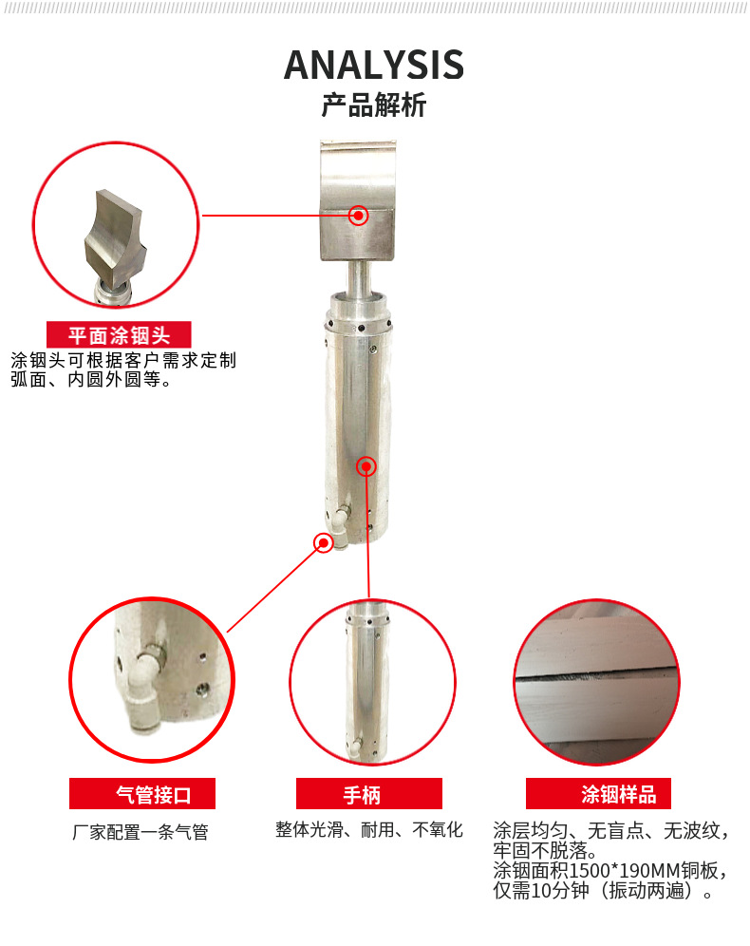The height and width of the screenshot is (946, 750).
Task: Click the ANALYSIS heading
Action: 374,66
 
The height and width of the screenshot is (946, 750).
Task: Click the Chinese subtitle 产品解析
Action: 374,105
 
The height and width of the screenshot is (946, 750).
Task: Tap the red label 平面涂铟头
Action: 119,335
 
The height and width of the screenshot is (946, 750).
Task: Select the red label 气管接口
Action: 142,794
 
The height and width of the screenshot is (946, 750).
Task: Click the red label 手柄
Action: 369,794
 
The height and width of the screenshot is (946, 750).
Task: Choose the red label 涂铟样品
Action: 598,794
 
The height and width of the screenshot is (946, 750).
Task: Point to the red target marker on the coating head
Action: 359,216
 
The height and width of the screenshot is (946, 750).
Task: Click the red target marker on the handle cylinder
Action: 366,466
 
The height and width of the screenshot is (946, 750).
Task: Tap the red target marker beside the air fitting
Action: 324,543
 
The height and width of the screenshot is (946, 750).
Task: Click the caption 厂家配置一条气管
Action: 141,833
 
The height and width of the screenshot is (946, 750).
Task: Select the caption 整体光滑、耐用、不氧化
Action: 369,830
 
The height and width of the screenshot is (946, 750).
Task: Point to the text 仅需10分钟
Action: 541,891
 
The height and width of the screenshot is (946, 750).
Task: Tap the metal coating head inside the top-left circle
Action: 115,241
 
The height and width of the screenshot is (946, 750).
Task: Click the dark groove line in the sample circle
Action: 597,674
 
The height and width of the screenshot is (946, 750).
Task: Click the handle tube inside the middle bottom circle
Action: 366,682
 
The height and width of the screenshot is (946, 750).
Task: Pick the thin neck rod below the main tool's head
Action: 358,277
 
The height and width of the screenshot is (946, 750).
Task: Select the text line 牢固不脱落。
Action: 545,851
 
